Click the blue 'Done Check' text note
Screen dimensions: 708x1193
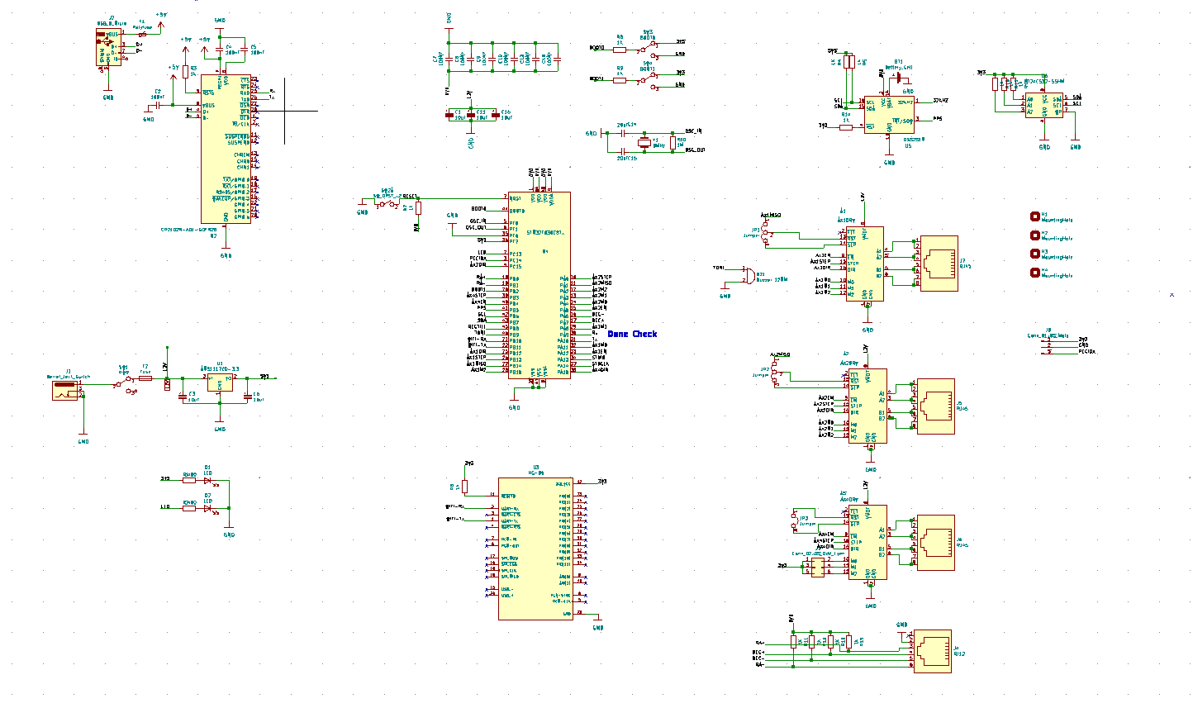(632, 334)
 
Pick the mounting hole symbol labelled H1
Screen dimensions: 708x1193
(1034, 216)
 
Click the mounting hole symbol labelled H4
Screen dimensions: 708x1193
(1034, 273)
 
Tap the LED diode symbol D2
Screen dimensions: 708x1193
(208, 508)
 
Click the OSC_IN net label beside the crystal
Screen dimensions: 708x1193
(693, 131)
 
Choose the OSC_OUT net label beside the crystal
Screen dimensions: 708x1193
(695, 150)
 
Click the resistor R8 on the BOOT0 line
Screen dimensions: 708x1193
(620, 50)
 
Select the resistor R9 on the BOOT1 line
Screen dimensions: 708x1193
(620, 80)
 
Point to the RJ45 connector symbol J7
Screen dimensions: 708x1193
(939, 264)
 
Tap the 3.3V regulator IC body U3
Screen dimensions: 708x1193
(220, 382)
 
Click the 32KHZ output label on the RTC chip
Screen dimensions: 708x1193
(940, 101)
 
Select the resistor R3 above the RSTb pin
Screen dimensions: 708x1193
(185, 72)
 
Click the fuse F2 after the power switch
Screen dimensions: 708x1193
(145, 378)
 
